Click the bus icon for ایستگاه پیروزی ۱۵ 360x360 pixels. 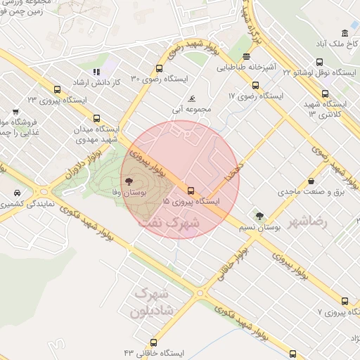[191, 190]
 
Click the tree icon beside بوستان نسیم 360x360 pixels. [259, 216]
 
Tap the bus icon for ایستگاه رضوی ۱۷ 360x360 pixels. [255, 86]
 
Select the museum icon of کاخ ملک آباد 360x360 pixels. [345, 33]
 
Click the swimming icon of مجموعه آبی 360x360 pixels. [193, 98]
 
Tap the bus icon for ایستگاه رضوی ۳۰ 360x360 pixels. [160, 69]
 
